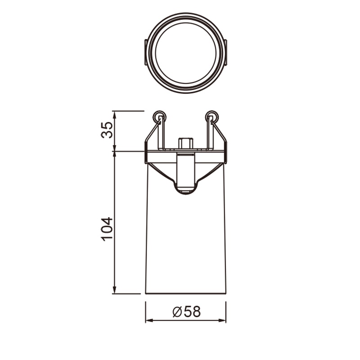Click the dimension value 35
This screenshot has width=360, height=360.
(x=107, y=130)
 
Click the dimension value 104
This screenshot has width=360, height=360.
(x=107, y=229)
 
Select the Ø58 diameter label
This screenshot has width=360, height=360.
(x=186, y=312)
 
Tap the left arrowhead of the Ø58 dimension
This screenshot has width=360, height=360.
(x=149, y=320)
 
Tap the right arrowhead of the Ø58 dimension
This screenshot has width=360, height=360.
(x=222, y=320)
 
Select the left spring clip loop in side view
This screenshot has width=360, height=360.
(x=159, y=116)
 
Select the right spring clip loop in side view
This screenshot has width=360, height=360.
(x=211, y=116)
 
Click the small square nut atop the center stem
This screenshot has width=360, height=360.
(x=185, y=143)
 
